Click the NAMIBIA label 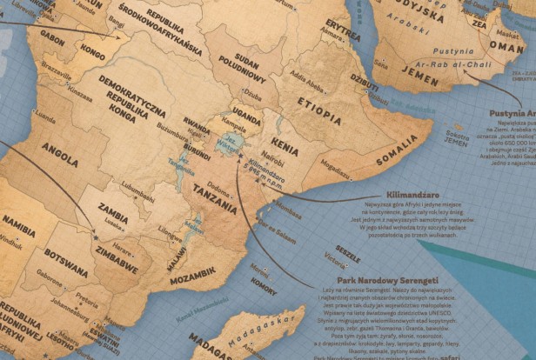coord(18,220)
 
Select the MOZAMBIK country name coord(192,281)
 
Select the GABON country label coord(52,39)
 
